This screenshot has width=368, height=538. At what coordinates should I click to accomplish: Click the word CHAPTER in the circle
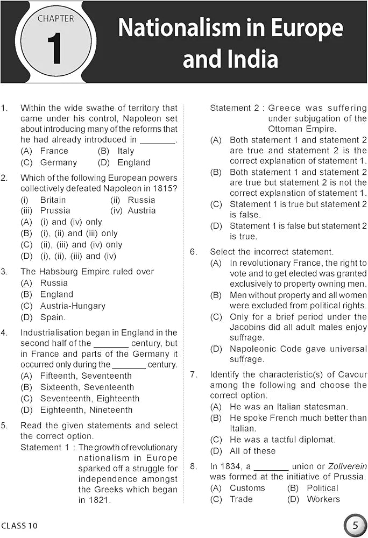(56, 19)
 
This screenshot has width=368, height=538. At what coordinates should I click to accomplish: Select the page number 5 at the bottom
(355, 525)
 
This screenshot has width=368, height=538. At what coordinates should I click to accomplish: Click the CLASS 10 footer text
(20, 525)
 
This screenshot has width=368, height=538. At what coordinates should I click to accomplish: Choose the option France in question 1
(54, 151)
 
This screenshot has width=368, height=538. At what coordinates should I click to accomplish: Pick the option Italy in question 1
(125, 151)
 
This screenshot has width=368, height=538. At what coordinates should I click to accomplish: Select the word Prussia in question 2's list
(55, 211)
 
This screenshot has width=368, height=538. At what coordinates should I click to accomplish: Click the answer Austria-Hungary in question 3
(72, 306)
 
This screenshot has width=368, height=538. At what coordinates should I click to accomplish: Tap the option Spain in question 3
(53, 317)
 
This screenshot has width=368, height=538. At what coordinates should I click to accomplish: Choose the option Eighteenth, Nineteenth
(86, 410)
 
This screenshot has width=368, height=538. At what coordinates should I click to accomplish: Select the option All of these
(252, 451)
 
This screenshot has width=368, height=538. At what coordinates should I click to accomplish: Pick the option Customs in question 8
(247, 488)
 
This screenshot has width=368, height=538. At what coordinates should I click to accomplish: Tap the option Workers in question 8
(323, 499)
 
